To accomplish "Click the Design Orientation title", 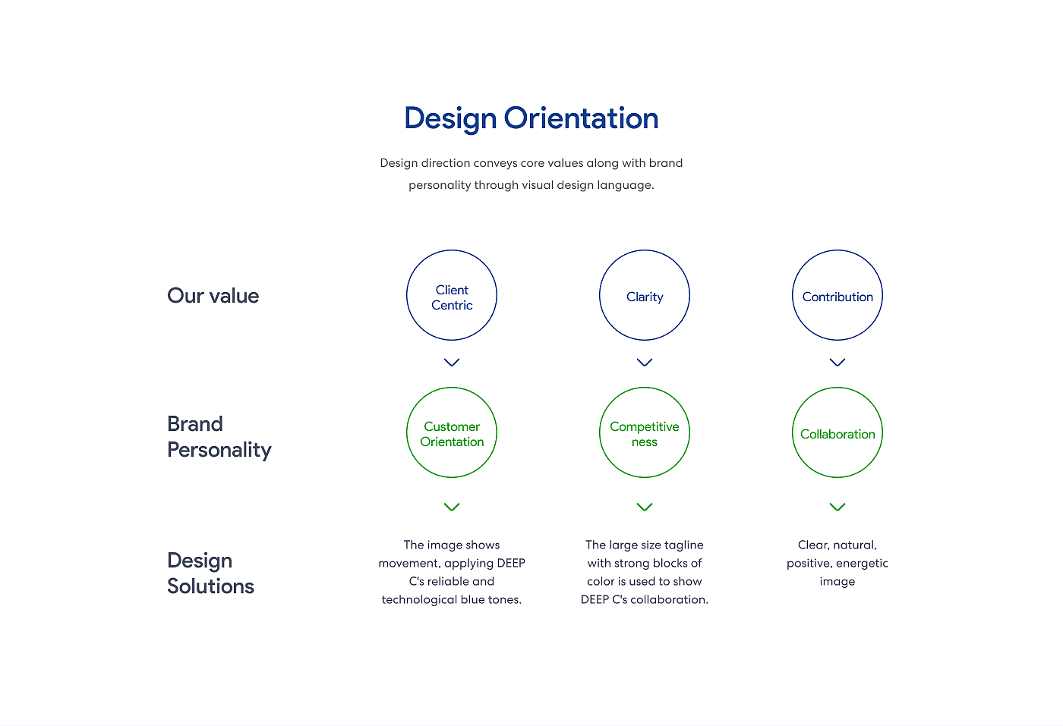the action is [531, 118].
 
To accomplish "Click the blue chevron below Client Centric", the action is [452, 363].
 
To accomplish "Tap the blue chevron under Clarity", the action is [645, 363].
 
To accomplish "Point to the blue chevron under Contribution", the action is [837, 363].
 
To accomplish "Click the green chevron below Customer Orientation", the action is [452, 507].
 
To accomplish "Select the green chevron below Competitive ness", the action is [645, 507].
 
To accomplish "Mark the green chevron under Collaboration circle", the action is [837, 507].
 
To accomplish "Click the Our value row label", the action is [213, 296].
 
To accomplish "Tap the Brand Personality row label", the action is [219, 437].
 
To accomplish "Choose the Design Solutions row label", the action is [211, 574].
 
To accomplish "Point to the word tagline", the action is [683, 545].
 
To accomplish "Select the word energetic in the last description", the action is [862, 564].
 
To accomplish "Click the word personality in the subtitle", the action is [440, 185].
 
